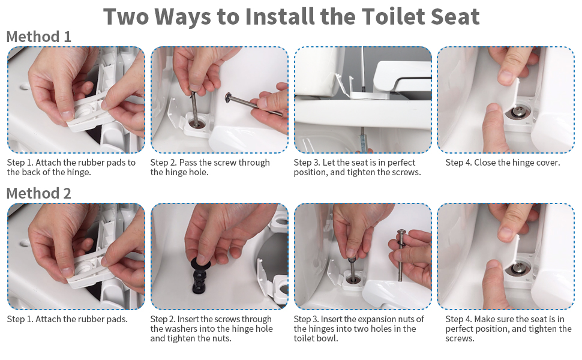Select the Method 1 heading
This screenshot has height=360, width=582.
(38, 37)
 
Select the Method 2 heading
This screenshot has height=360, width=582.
(38, 193)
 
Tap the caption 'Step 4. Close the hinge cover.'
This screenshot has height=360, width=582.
(503, 163)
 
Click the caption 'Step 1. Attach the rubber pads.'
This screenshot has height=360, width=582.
(67, 319)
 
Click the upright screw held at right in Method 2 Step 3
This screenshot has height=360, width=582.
(401, 256)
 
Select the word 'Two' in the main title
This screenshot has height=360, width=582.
(125, 16)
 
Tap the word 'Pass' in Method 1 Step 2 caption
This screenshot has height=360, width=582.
(187, 163)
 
